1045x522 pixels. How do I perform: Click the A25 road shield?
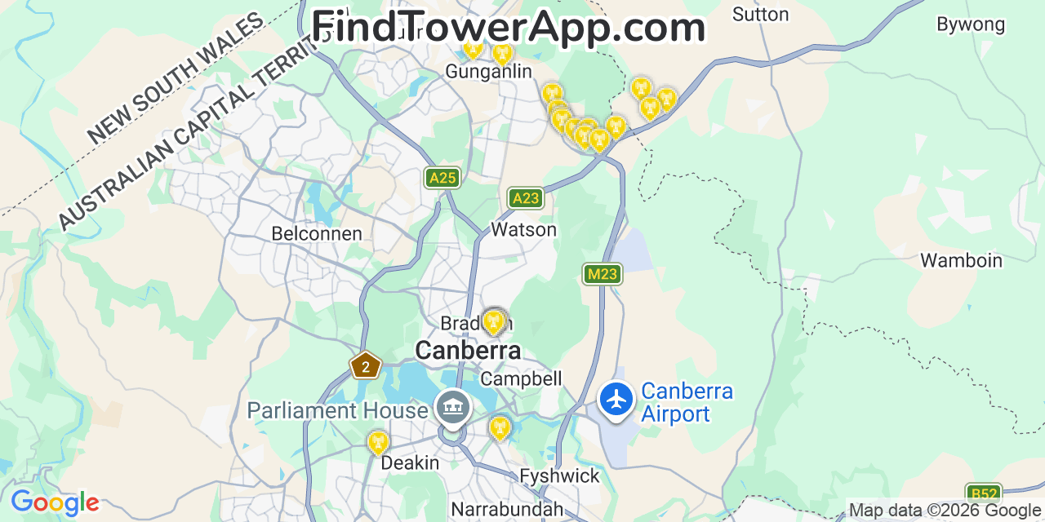coord(442,178)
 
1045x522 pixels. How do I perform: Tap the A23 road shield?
coord(525,198)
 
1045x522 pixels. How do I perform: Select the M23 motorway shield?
coord(603,274)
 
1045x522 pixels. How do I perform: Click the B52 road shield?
coord(983,494)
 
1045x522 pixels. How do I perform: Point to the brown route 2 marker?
coord(365,366)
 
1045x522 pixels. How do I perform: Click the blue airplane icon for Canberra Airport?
coord(616,400)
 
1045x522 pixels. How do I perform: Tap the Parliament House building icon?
coord(451,407)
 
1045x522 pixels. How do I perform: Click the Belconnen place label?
coord(317,234)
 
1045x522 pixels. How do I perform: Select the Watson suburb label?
coord(523,230)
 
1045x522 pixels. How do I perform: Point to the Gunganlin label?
coord(488,72)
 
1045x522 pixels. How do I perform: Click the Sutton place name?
coord(760,15)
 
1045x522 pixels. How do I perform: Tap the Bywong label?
coord(971,24)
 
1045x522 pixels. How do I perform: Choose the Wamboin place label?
coord(961,261)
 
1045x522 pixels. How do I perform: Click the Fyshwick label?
coord(559,476)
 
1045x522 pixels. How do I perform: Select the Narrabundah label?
coord(507,510)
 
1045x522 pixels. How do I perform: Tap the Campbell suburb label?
coord(521,379)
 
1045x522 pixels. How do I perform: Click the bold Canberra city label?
coord(468,351)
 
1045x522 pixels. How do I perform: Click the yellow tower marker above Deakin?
coord(377,442)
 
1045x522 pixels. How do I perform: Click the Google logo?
coord(55,502)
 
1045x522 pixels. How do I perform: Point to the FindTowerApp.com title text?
coord(508,28)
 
